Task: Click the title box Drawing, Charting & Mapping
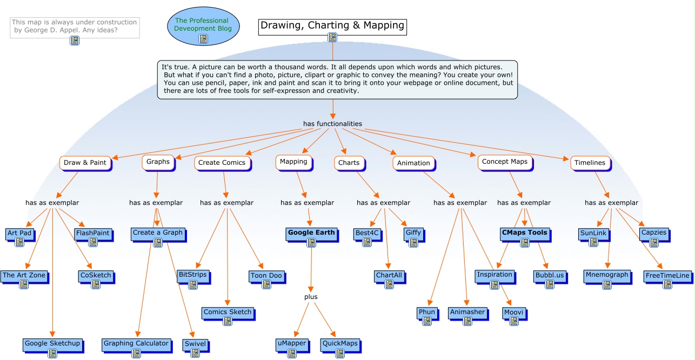tap(332, 25)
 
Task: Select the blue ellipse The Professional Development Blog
tap(203, 25)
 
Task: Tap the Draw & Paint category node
tap(85, 163)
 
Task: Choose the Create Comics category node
tap(222, 163)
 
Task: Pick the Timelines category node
tap(590, 162)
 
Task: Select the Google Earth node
tap(311, 233)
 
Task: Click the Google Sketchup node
tap(52, 343)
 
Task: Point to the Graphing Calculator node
tap(136, 343)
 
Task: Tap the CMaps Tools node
tap(524, 233)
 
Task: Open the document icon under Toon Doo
tap(266, 284)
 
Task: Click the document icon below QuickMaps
tap(339, 354)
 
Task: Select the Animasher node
tap(467, 312)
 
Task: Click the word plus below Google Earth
tap(311, 297)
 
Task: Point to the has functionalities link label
tap(332, 124)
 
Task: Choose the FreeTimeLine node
tap(667, 276)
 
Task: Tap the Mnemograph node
tap(607, 275)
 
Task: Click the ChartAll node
tap(389, 275)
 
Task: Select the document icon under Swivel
tap(195, 353)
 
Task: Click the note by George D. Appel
tap(75, 26)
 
